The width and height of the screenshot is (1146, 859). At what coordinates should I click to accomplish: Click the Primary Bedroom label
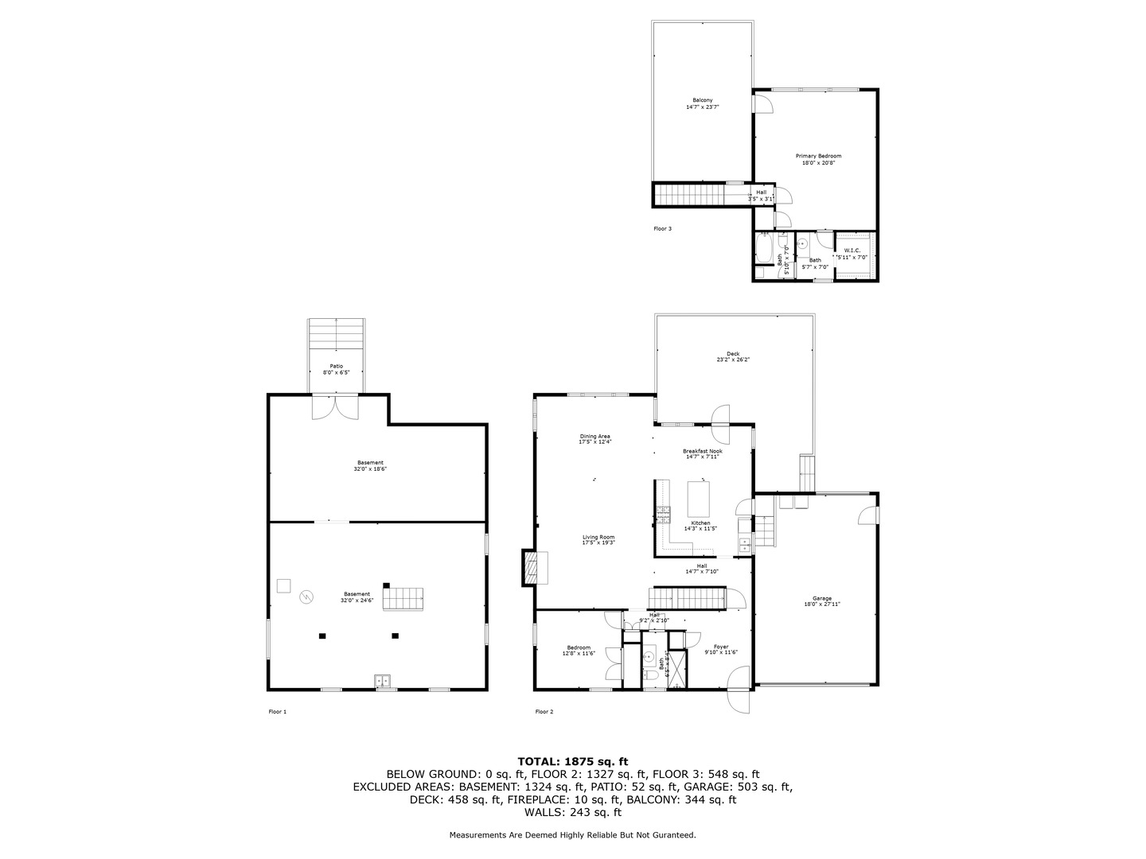click(x=818, y=156)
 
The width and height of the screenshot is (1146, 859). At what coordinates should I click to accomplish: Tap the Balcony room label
click(x=702, y=100)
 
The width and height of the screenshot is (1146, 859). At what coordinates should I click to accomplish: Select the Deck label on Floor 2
click(x=732, y=354)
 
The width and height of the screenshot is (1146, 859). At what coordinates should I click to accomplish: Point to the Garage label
click(x=821, y=598)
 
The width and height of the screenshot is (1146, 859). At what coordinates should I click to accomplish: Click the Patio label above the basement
click(x=337, y=366)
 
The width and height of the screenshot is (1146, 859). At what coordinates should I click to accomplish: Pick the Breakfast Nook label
click(x=703, y=451)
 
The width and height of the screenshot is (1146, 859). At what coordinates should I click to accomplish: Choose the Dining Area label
click(x=594, y=436)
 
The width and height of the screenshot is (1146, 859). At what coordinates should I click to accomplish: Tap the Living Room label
click(x=598, y=538)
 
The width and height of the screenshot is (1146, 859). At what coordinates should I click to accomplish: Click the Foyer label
click(x=721, y=647)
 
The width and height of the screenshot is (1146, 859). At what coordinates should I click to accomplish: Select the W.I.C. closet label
click(x=852, y=251)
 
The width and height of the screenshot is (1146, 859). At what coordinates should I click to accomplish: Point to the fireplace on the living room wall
click(x=530, y=567)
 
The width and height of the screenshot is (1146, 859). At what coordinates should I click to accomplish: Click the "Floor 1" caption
click(x=277, y=712)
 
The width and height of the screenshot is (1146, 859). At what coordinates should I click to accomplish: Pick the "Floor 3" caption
click(x=662, y=228)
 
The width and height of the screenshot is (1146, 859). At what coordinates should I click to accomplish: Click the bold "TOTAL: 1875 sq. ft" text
click(x=572, y=761)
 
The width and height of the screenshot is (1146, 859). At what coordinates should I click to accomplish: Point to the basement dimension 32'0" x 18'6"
click(x=370, y=469)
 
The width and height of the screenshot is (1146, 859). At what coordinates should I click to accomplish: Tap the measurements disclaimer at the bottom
click(x=572, y=835)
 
